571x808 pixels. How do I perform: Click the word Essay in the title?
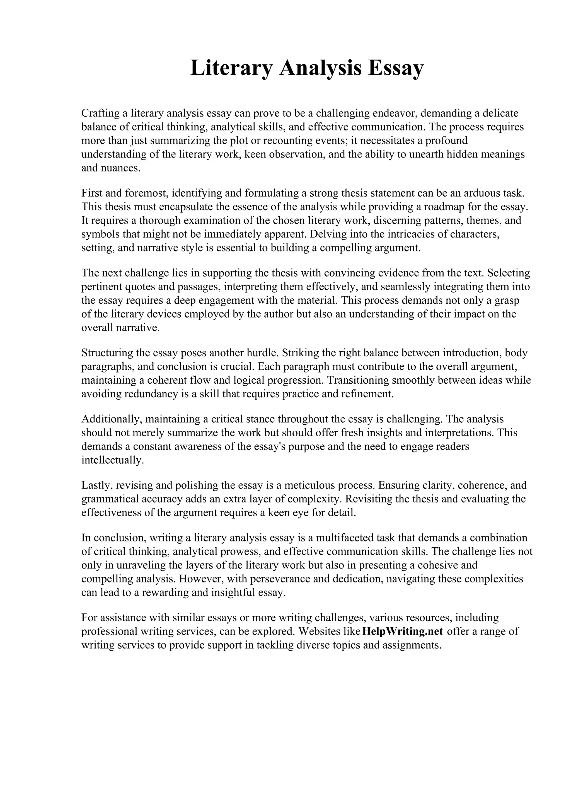click(396, 68)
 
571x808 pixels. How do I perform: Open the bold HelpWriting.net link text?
click(402, 631)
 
